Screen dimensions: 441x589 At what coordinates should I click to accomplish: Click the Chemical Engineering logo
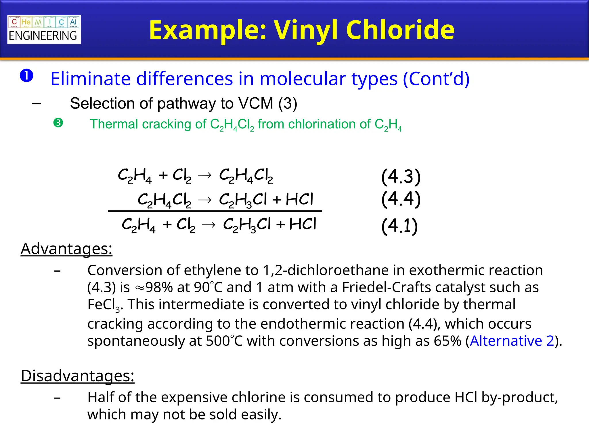(x=44, y=29)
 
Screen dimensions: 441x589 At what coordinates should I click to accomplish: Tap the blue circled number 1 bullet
(x=26, y=76)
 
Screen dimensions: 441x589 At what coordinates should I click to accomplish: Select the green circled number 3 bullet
(x=58, y=123)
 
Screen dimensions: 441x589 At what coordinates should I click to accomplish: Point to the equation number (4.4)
(x=401, y=199)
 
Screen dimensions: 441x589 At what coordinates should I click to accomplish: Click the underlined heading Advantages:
(x=66, y=249)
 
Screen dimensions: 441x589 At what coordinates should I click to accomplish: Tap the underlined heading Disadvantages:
(x=77, y=376)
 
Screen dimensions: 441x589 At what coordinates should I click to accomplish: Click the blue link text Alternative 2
(x=512, y=341)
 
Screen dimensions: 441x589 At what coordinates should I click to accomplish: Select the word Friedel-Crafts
(x=387, y=287)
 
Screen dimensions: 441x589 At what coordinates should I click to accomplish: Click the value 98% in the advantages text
(x=159, y=287)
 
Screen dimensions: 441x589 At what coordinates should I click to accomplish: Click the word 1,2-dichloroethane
(x=334, y=270)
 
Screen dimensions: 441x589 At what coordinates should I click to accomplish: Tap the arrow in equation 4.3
(x=205, y=175)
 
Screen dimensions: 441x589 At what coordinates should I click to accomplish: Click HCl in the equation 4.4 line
(x=299, y=199)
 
